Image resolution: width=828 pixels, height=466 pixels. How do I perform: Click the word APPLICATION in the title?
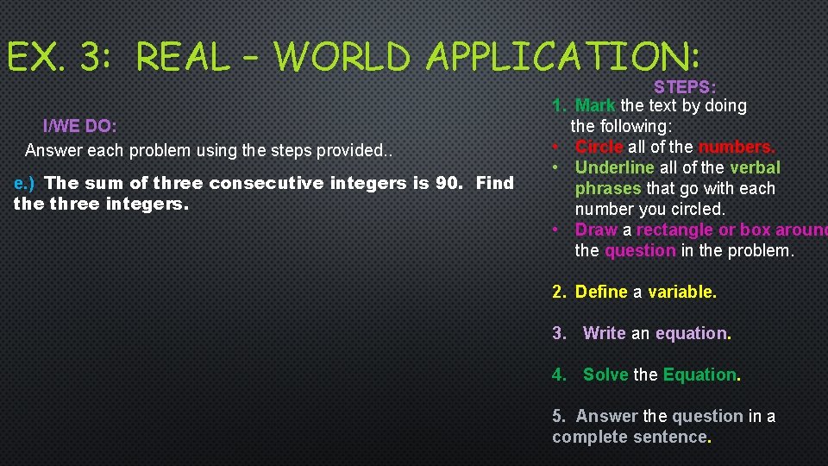pyautogui.click(x=562, y=57)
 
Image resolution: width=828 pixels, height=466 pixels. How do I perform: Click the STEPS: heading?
pyautogui.click(x=686, y=87)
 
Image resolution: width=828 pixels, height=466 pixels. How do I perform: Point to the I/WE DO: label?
pyautogui.click(x=80, y=126)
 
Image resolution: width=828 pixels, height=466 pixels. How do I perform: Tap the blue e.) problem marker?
pyautogui.click(x=24, y=183)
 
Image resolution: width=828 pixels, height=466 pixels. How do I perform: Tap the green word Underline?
pyautogui.click(x=614, y=167)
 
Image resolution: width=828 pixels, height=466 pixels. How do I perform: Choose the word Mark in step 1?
pyautogui.click(x=595, y=105)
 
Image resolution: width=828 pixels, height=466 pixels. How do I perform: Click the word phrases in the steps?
pyautogui.click(x=607, y=188)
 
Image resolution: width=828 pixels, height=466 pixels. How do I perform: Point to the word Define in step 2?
pyautogui.click(x=601, y=292)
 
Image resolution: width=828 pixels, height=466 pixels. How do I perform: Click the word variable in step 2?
pyautogui.click(x=681, y=292)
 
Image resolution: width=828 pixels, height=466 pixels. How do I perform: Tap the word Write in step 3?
pyautogui.click(x=605, y=333)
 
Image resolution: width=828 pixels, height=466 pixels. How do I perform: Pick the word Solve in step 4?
pyautogui.click(x=606, y=375)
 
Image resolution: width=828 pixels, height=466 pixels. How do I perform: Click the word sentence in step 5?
pyautogui.click(x=672, y=437)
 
